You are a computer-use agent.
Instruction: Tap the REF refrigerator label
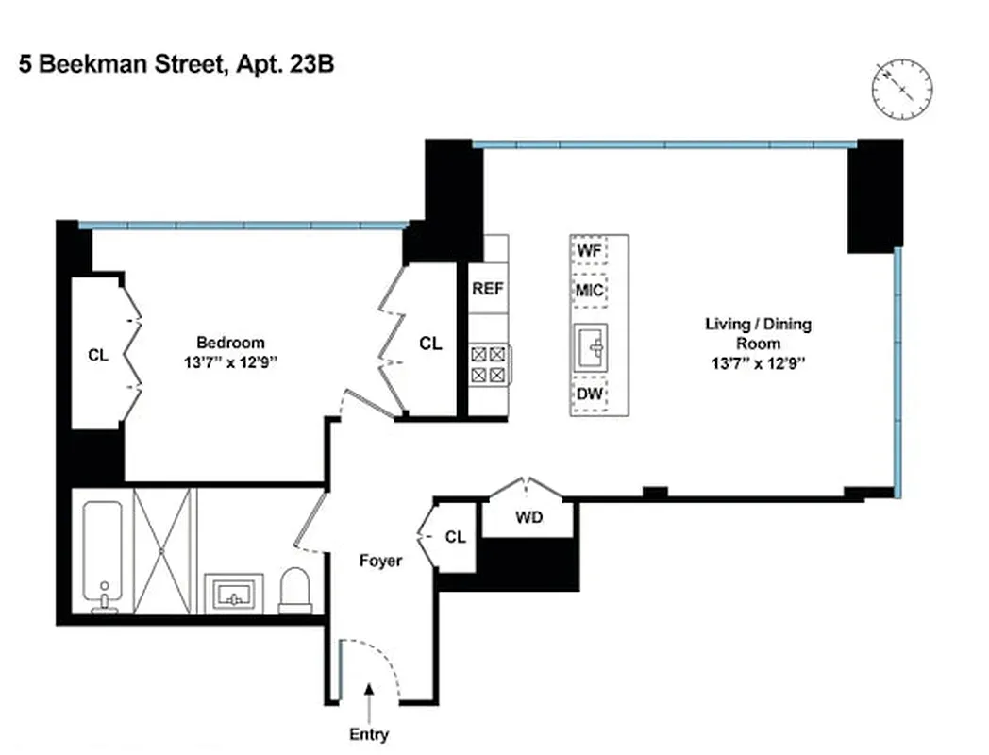pos(487,289)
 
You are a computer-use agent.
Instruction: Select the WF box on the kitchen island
pos(590,251)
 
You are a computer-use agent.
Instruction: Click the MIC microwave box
pos(590,290)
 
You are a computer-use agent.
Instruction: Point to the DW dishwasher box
pos(590,394)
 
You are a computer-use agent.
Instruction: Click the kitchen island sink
pos(591,344)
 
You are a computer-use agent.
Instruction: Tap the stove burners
pos(488,364)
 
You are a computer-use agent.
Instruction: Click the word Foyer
pos(381,561)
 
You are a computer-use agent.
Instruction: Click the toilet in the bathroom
pos(294,591)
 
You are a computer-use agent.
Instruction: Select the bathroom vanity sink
pos(232,595)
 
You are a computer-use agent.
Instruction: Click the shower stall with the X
pos(162,550)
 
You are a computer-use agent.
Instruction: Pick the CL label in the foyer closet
pos(455,537)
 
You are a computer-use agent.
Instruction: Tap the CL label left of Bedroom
pos(98,356)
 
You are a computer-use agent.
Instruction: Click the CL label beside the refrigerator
pos(430,344)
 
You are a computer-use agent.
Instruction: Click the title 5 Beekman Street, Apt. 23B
pos(176,65)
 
